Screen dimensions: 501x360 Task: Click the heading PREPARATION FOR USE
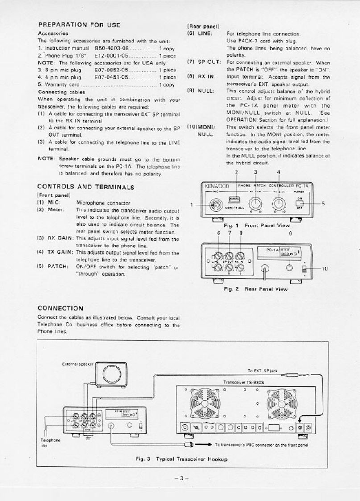[x=79, y=25]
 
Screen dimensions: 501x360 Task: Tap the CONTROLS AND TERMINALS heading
[x=86, y=187]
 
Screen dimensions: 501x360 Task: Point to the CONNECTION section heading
[x=60, y=308]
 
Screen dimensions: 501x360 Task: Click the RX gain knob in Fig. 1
[x=255, y=204]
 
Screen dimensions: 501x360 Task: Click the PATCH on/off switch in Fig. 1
[x=299, y=204]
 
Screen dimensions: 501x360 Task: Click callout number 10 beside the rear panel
[x=324, y=268]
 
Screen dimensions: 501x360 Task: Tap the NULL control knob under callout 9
[x=290, y=267]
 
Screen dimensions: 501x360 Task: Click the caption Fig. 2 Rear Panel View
[x=256, y=289]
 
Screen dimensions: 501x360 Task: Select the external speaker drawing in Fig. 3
[x=111, y=372]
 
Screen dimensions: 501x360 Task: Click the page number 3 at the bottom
[x=180, y=478]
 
